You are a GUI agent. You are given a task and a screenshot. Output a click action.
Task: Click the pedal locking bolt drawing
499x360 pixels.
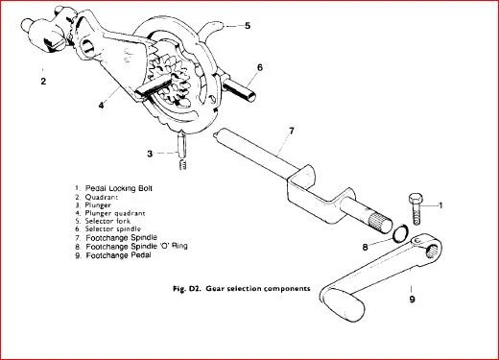click(x=416, y=208)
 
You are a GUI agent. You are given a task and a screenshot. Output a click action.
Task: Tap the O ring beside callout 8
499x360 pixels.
click(x=401, y=234)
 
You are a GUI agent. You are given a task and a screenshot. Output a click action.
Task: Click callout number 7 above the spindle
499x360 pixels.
click(x=291, y=131)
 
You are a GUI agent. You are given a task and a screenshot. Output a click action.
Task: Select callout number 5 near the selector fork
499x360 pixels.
click(x=248, y=26)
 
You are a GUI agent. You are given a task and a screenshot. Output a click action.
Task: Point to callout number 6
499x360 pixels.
click(x=260, y=67)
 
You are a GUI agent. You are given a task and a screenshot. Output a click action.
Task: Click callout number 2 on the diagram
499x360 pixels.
click(x=43, y=82)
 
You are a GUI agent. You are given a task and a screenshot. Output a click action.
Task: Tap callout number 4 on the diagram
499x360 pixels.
click(x=101, y=105)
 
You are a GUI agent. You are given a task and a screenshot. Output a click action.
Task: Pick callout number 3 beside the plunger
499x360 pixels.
click(x=150, y=154)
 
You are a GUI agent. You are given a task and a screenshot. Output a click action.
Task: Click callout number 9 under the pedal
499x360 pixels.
click(x=412, y=300)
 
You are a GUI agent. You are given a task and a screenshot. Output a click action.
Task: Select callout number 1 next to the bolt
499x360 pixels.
click(x=440, y=205)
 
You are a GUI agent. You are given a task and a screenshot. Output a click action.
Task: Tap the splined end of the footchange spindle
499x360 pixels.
click(x=381, y=222)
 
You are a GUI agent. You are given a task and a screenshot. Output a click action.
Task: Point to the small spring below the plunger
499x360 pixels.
click(x=183, y=164)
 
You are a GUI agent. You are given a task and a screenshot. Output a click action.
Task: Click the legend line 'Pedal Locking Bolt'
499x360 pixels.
click(x=113, y=188)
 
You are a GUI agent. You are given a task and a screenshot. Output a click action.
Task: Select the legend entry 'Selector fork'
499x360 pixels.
click(x=103, y=221)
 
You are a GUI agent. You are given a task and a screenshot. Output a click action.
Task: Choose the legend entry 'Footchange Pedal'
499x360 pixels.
click(x=113, y=255)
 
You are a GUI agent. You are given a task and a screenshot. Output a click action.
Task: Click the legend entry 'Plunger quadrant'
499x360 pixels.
click(x=110, y=213)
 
